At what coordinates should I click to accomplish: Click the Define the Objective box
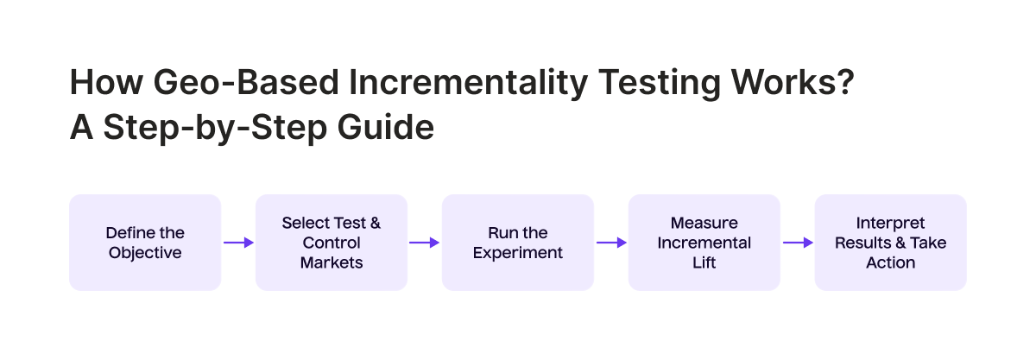(x=145, y=243)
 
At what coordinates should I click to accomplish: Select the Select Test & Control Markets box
(x=332, y=243)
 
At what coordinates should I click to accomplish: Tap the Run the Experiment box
(x=518, y=243)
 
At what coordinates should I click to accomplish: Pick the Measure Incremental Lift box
(x=704, y=243)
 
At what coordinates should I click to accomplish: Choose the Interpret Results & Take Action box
(x=891, y=243)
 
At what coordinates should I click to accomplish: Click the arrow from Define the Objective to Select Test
(x=238, y=243)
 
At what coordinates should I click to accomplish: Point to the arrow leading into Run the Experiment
(x=425, y=243)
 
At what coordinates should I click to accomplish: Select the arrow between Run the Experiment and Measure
(x=611, y=243)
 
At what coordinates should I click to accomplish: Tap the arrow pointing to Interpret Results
(x=798, y=243)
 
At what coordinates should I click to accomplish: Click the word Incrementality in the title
(x=468, y=83)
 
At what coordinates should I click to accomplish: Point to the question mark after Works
(x=845, y=82)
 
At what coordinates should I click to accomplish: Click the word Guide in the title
(x=386, y=127)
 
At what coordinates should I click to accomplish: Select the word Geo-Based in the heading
(x=245, y=82)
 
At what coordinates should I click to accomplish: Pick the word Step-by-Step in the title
(x=215, y=128)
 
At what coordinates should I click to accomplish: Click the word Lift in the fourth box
(x=704, y=262)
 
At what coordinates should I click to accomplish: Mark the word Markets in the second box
(x=332, y=262)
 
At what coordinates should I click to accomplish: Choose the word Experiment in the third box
(x=518, y=254)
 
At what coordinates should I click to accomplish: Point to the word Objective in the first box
(x=145, y=254)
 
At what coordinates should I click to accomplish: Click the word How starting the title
(x=106, y=82)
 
